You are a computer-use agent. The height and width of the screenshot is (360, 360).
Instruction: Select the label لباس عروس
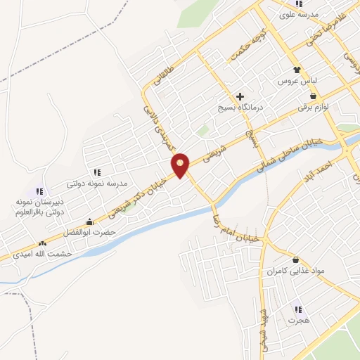pos(298,82)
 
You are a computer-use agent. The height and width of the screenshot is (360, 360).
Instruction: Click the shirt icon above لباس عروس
pos(298,70)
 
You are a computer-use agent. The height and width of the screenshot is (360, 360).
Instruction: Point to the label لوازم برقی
pos(313,108)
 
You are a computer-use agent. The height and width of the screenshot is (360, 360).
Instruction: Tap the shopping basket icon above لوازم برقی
pos(313,96)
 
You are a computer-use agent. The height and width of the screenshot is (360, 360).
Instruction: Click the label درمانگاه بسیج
pos(240,108)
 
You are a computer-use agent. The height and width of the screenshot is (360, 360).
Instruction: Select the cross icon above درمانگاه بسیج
pos(240,96)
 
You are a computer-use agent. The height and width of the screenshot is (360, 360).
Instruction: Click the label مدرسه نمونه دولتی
pos(96,184)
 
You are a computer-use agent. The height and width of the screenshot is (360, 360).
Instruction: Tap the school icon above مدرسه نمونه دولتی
pos(96,172)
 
